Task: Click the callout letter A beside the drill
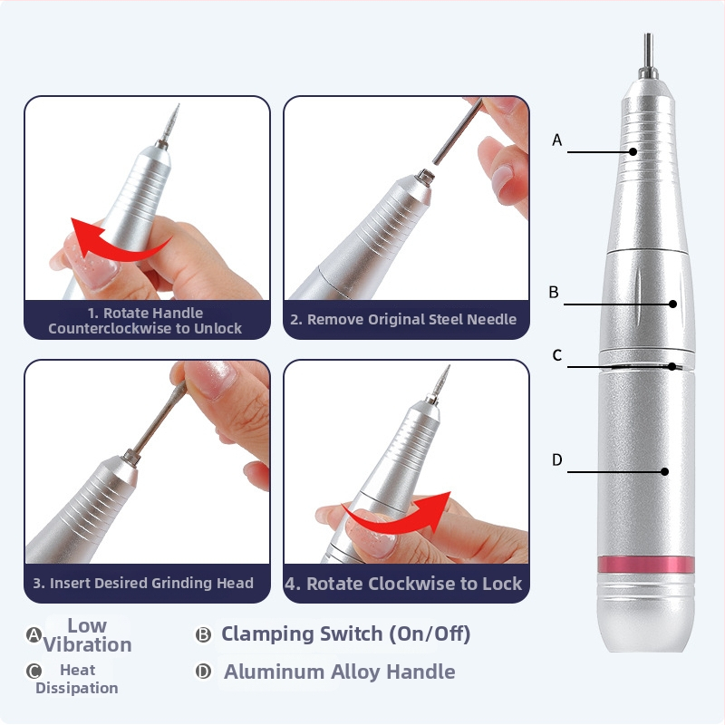557,140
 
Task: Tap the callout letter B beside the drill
554,292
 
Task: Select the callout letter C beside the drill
557,355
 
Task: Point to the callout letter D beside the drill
557,459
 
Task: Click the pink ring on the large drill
646,565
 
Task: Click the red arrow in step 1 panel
116,240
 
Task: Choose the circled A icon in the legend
34,635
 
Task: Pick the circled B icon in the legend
203,635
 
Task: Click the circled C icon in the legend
34,671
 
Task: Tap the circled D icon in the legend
203,671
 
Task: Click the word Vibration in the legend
87,644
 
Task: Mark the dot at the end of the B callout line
673,304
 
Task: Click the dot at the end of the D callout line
664,471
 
